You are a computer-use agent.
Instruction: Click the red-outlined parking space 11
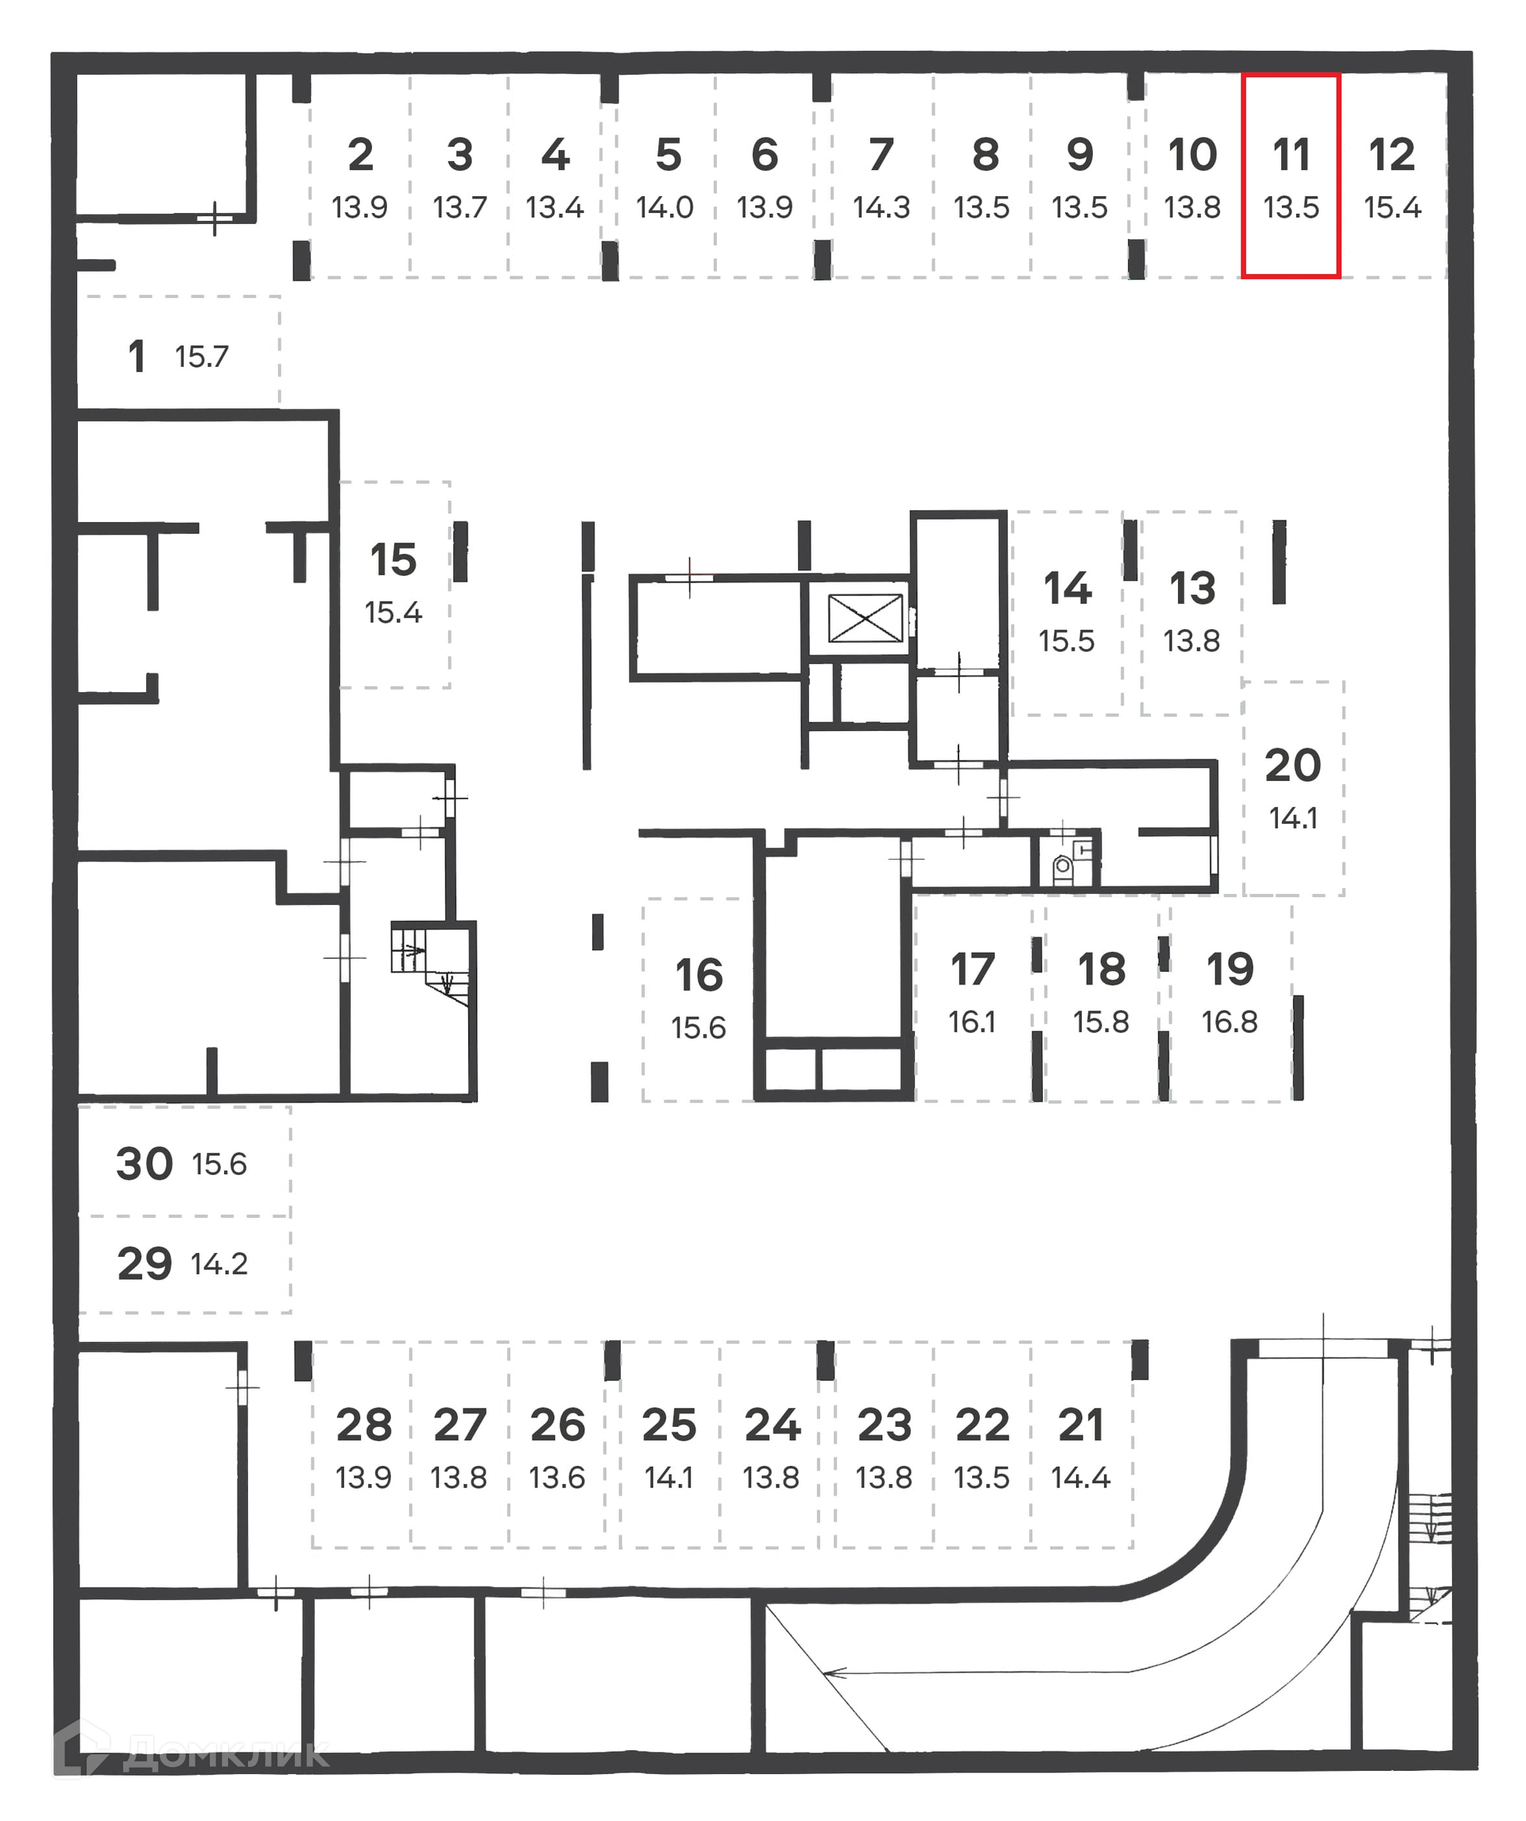coord(1290,176)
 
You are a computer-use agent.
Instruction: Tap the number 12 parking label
coord(1392,155)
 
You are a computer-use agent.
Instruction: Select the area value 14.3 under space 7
coord(881,207)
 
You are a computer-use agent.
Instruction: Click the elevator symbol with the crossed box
coord(865,618)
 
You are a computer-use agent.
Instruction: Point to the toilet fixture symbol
coord(1062,866)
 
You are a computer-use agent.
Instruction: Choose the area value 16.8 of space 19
coord(1230,1023)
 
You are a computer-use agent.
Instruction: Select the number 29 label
coord(145,1264)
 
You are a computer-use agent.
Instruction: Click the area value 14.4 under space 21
coord(1080,1478)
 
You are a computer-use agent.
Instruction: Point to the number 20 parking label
coord(1292,766)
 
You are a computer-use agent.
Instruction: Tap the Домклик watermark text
coord(226,1755)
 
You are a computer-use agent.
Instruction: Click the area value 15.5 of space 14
coord(1066,642)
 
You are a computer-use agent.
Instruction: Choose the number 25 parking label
coord(669,1425)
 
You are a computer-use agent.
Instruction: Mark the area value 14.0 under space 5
coord(664,207)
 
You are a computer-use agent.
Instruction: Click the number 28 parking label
coord(363,1425)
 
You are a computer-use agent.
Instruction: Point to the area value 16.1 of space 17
coord(972,1023)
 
